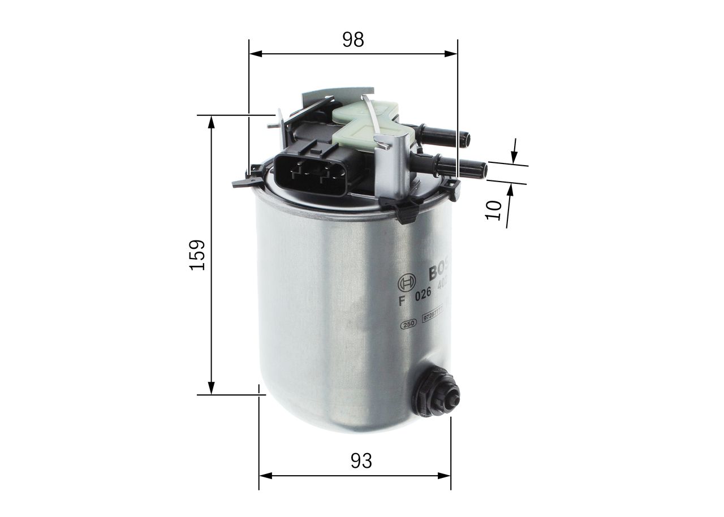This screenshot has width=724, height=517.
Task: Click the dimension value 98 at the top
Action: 353,39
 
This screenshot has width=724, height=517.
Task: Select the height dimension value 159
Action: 197,255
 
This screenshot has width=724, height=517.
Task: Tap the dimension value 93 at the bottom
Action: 361,461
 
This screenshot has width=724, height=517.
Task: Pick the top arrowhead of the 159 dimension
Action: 212,122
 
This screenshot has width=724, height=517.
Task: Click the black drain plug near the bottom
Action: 437,391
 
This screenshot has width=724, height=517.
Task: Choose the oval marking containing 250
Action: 408,324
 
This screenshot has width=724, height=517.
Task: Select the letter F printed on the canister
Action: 402,300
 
